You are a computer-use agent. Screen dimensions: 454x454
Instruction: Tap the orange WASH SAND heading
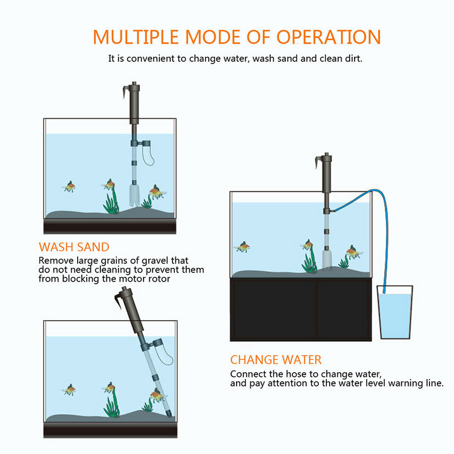click(x=74, y=247)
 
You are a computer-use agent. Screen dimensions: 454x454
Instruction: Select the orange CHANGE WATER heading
click(x=276, y=360)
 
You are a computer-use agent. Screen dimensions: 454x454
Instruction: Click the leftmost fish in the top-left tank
click(x=69, y=186)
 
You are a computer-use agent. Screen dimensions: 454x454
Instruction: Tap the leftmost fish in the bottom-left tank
click(x=69, y=389)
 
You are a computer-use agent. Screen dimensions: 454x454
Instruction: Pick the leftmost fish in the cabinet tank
click(x=243, y=247)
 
